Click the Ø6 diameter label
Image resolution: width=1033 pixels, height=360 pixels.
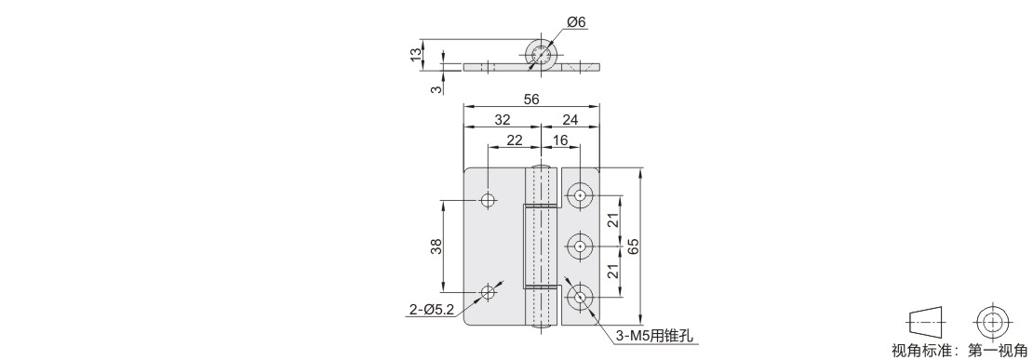coord(576,22)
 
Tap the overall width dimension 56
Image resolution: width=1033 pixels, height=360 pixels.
coord(531,100)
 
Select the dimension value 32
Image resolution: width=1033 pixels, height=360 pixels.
coord(502,120)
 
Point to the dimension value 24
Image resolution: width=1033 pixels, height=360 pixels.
coord(570,120)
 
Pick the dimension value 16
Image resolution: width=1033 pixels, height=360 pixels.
coord(560,140)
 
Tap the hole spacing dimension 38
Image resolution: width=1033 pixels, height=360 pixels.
coord(435,247)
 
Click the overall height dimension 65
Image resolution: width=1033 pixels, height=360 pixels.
coord(633,247)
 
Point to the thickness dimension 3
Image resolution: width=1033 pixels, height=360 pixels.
coord(435,88)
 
